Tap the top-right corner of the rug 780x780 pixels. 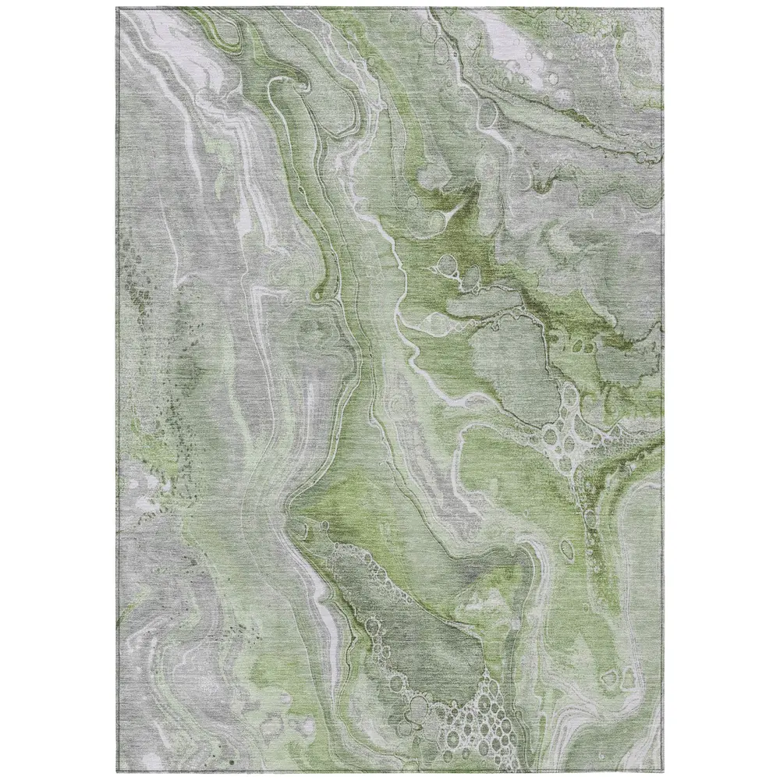click(x=661, y=8)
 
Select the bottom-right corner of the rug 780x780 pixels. click(x=662, y=772)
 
